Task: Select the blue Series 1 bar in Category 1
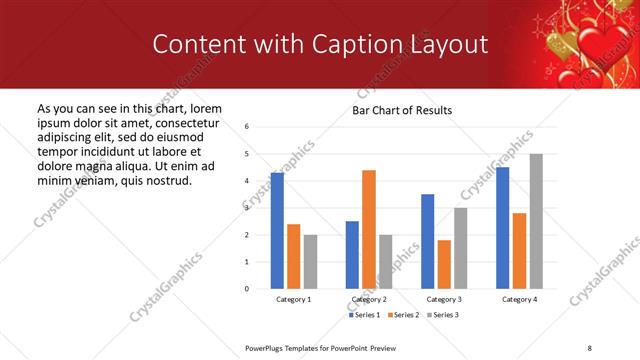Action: pyautogui.click(x=277, y=230)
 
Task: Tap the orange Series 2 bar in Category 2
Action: pyautogui.click(x=369, y=229)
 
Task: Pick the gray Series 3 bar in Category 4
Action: pyautogui.click(x=536, y=221)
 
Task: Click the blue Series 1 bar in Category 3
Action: pyautogui.click(x=427, y=241)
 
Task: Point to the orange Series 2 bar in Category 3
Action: pyautogui.click(x=444, y=264)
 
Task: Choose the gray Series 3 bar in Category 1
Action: pyautogui.click(x=310, y=261)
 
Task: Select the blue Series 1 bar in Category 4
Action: pyautogui.click(x=502, y=227)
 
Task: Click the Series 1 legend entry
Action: pyautogui.click(x=364, y=315)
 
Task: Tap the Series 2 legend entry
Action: pyautogui.click(x=403, y=315)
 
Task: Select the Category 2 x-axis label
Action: pyautogui.click(x=369, y=299)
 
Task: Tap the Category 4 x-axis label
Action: pyautogui.click(x=519, y=299)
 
